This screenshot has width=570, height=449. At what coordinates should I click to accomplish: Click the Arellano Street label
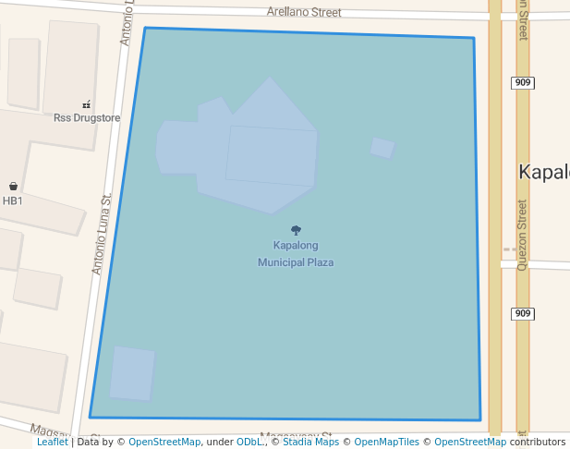pos(304,13)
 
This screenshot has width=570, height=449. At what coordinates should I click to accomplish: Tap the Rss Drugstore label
pos(87,117)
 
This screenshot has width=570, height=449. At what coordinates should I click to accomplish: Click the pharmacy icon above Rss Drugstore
pos(87,104)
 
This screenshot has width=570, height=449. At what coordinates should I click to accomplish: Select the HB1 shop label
pos(13,200)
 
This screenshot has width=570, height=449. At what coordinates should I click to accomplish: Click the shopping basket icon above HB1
pos(13,187)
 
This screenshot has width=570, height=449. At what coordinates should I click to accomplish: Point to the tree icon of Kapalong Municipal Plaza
pos(296,230)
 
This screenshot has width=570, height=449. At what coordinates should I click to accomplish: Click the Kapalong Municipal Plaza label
pos(296,254)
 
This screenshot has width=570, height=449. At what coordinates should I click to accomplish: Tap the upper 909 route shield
pos(523,83)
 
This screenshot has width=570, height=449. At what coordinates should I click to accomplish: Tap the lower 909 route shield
pos(523,313)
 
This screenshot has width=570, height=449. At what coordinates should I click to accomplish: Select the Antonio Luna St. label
pos(102,234)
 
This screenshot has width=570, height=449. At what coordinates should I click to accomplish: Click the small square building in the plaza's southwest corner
pos(132,373)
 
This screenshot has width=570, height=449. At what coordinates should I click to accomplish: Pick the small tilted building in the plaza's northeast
pos(382,148)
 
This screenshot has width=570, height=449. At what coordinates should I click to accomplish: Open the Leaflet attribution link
pos(52,443)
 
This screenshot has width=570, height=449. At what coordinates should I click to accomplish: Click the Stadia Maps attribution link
pos(309,443)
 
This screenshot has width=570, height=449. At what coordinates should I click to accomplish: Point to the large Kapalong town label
pos(544,173)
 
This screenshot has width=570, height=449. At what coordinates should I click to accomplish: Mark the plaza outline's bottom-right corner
pos(480,420)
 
